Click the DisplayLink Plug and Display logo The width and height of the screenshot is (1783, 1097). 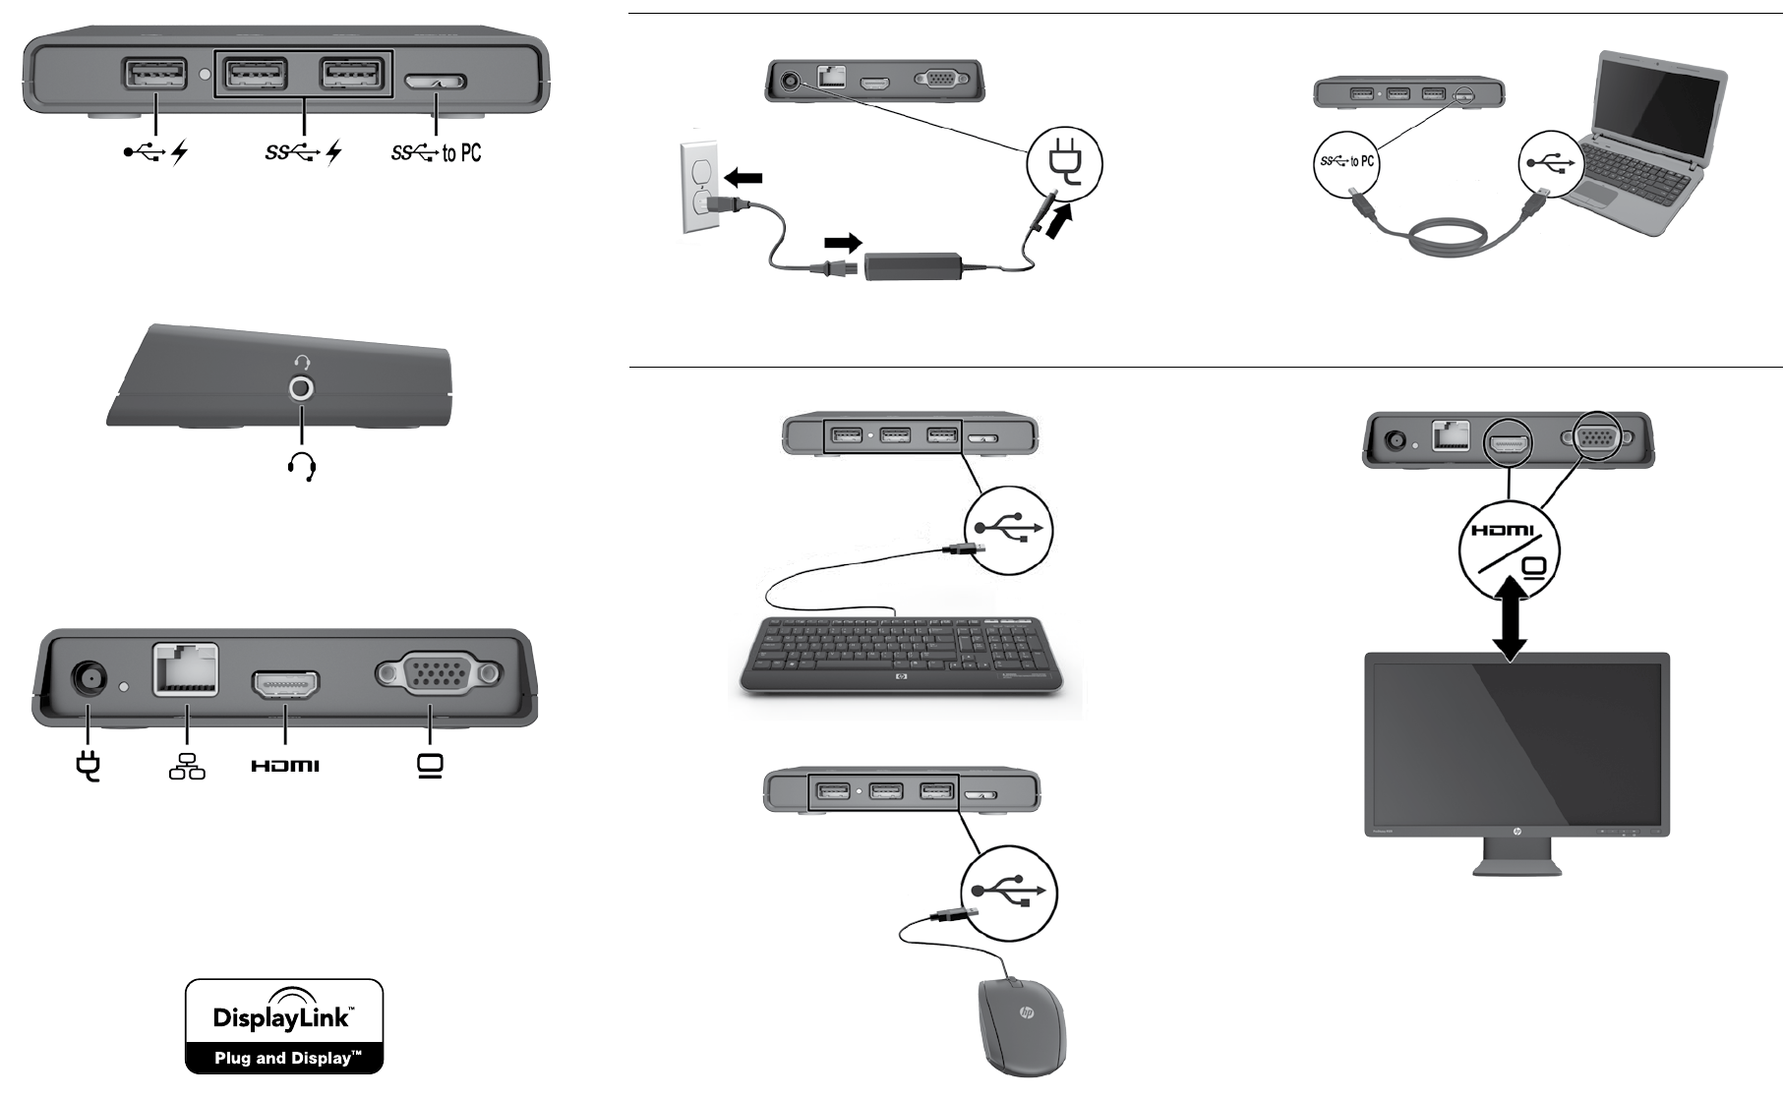coord(284,1026)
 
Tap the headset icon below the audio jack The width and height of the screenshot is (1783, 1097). coord(302,467)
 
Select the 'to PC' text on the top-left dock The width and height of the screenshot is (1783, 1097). coord(461,152)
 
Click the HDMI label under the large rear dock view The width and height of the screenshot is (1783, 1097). coord(285,766)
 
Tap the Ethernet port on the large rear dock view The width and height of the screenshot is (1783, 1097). coord(186,669)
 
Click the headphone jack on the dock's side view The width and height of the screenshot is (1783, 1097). coord(302,389)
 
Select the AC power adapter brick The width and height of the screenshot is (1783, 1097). coord(914,265)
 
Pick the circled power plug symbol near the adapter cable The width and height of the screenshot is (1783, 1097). coord(1064,162)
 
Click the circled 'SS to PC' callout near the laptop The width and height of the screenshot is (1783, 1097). coord(1346,162)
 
